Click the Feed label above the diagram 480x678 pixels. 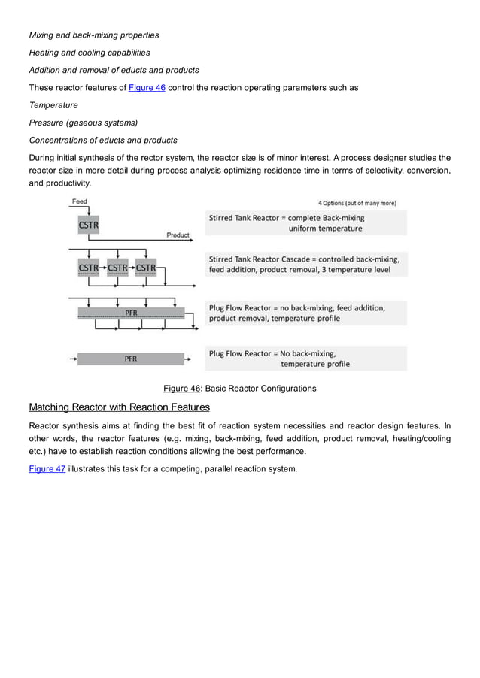click(79, 201)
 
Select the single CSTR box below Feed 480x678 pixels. click(88, 224)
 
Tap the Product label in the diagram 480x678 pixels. click(178, 235)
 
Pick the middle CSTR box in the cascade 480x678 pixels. click(117, 268)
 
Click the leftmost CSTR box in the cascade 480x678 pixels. click(88, 268)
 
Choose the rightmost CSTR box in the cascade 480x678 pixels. click(146, 268)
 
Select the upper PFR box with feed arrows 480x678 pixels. click(131, 313)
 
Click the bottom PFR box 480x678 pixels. click(131, 359)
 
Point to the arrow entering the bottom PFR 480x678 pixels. click(73, 359)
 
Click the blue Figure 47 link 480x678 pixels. click(47, 469)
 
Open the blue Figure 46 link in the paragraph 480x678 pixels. click(147, 88)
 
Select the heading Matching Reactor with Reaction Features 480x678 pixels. click(119, 407)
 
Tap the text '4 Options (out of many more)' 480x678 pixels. click(357, 203)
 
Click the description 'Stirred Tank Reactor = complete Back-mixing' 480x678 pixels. click(286, 218)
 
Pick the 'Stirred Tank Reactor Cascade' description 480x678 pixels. click(304, 259)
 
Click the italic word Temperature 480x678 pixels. click(53, 105)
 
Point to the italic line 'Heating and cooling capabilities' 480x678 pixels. click(89, 53)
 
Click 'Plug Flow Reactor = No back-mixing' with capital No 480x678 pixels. click(272, 353)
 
